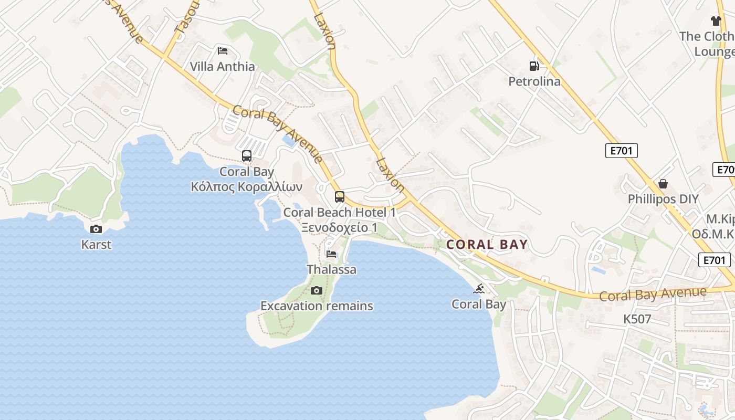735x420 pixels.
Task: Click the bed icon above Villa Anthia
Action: tap(223, 51)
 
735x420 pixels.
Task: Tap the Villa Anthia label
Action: tap(223, 67)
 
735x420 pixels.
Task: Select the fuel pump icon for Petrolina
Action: tap(534, 66)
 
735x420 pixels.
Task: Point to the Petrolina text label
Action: tap(534, 81)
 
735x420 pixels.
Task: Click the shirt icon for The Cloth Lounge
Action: tap(716, 21)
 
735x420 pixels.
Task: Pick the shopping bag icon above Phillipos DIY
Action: tap(663, 184)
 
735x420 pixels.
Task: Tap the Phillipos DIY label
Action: tap(663, 199)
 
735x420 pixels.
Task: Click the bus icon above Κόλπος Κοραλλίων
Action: tap(247, 156)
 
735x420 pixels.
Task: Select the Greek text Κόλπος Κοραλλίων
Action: tap(247, 187)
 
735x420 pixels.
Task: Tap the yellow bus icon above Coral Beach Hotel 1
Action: tap(340, 197)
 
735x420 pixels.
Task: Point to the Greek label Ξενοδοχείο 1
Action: tap(340, 228)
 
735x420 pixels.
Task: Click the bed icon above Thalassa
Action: tap(331, 254)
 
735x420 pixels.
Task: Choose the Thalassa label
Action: tap(331, 270)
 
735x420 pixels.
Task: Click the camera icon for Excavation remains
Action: tap(316, 290)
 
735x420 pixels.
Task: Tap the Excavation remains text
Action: tap(317, 306)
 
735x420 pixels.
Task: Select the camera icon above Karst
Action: tap(96, 229)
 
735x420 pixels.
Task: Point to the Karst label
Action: tap(96, 245)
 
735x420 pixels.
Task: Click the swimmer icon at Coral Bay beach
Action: tap(479, 289)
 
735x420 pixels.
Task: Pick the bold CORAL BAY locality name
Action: tap(487, 245)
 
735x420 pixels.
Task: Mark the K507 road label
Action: tap(637, 319)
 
